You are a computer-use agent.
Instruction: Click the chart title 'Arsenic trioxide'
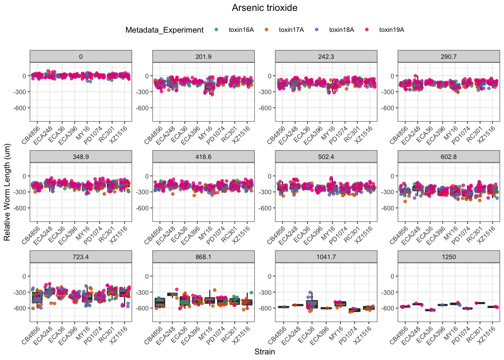click(x=264, y=8)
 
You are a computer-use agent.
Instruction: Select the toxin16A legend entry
click(x=241, y=30)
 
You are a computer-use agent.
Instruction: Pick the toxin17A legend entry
click(x=291, y=30)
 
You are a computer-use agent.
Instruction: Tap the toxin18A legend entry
click(x=341, y=30)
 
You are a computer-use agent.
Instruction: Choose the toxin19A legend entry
click(x=391, y=30)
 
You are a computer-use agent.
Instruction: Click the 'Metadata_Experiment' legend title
click(x=164, y=30)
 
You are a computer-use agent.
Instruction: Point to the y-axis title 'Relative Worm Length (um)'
click(x=7, y=192)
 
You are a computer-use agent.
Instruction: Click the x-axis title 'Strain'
click(x=264, y=352)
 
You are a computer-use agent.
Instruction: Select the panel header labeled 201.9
click(x=203, y=57)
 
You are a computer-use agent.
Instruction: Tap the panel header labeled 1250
click(x=448, y=257)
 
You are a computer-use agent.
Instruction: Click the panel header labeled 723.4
click(x=81, y=257)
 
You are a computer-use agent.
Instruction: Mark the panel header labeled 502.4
click(x=326, y=157)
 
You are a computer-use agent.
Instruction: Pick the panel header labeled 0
click(x=81, y=57)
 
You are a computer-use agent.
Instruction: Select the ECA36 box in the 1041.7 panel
click(x=312, y=304)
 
